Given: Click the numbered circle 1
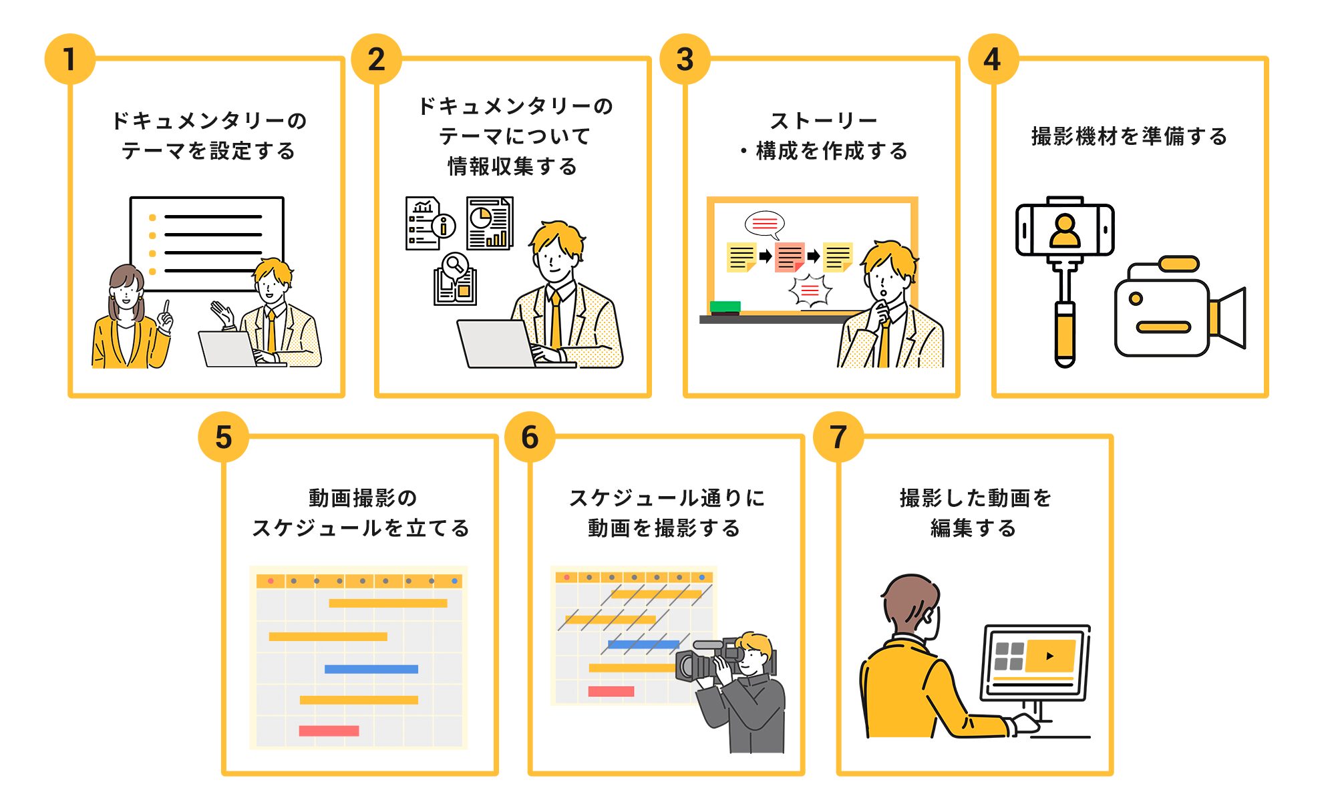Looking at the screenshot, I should (69, 59).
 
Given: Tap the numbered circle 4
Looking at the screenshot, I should (993, 59).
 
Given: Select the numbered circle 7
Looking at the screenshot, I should (838, 437).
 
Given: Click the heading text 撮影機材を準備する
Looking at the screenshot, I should (1129, 136).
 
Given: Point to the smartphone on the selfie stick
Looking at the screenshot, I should (1065, 230).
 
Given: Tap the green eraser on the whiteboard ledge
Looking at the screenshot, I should (725, 307).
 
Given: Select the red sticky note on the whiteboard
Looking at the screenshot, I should (789, 256).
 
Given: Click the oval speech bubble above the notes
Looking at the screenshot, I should (765, 224).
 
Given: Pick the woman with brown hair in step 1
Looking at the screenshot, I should (127, 314).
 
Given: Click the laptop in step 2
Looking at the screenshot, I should (498, 343).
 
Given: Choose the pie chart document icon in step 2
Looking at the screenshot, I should (489, 223).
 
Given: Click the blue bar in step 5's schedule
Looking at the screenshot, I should (371, 668).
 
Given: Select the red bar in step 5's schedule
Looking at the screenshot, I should (329, 731).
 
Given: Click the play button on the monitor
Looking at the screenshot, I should (1049, 656).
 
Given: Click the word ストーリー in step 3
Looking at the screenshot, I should (823, 121).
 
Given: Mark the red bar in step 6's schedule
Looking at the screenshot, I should (611, 691).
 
